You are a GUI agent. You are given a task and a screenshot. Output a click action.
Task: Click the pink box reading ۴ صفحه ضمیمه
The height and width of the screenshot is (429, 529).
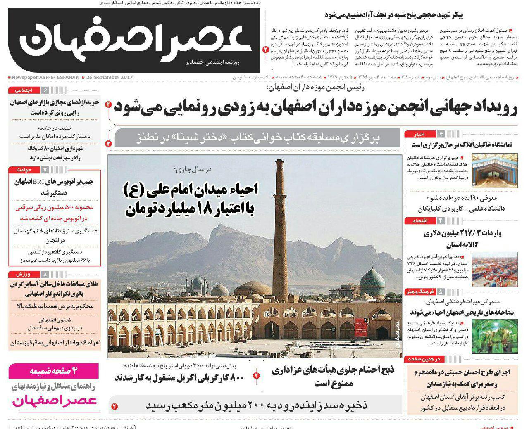pos(54,371)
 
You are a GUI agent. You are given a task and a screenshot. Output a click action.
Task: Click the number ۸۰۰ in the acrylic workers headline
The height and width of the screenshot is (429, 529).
pos(236,377)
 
